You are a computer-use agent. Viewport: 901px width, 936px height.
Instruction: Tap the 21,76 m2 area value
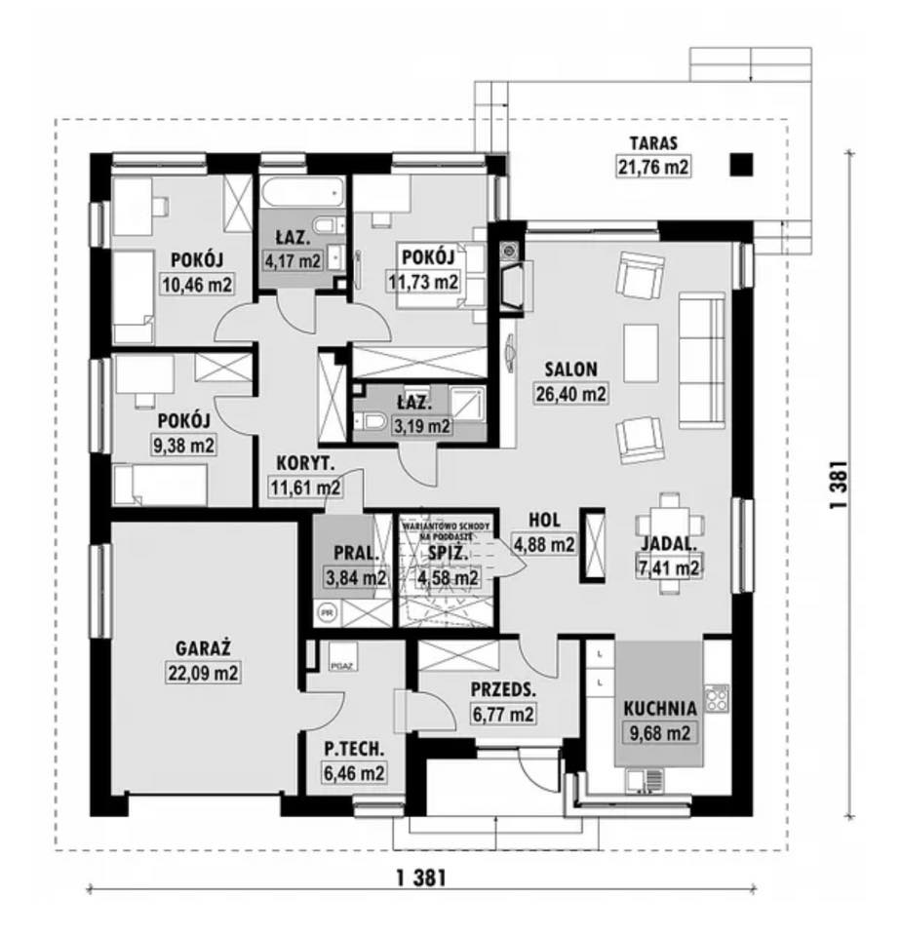(x=653, y=167)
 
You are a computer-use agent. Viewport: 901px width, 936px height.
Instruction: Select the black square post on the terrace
(x=743, y=165)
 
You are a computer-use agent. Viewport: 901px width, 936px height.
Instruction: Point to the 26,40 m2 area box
(x=570, y=394)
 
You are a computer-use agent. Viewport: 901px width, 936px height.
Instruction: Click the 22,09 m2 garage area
(x=203, y=672)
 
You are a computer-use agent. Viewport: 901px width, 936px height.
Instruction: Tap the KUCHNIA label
(x=661, y=709)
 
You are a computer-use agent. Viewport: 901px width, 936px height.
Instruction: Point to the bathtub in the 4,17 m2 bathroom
(x=302, y=192)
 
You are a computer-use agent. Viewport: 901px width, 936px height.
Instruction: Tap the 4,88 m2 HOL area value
(x=551, y=545)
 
